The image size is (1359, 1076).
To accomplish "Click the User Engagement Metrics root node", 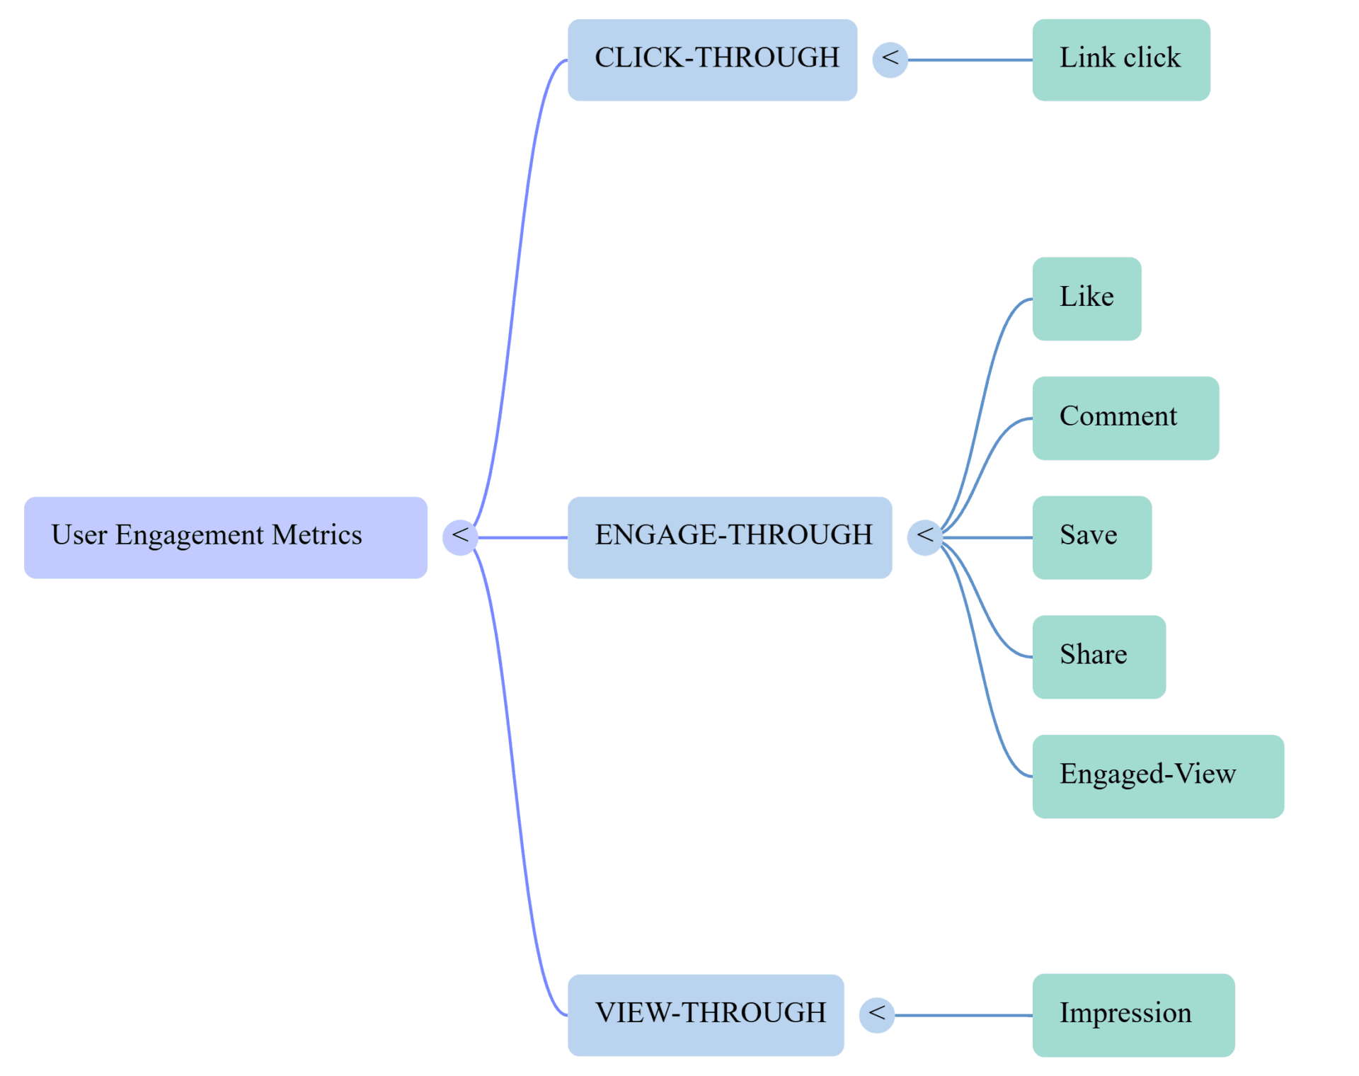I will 225,537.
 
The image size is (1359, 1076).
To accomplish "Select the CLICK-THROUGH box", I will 712,60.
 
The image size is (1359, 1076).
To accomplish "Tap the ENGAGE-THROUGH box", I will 730,537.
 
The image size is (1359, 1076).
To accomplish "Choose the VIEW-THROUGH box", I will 706,1014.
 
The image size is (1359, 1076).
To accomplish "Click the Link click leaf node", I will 1120,60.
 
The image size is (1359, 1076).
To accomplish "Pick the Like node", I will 1086,299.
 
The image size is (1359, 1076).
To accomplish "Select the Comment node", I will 1125,418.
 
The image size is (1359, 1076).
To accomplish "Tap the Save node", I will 1091,537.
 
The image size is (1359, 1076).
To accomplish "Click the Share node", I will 1099,657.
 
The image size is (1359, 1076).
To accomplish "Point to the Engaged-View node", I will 1158,776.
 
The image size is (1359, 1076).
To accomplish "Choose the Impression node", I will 1133,1014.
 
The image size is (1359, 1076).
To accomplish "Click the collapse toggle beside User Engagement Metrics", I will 460,537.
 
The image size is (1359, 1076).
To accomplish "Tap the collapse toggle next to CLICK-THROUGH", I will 890,60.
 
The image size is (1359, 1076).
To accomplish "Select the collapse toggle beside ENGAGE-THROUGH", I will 924,537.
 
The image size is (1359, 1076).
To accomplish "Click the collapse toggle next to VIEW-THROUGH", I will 876,1014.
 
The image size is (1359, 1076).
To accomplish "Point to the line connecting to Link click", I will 970,60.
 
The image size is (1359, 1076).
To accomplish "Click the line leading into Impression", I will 963,1014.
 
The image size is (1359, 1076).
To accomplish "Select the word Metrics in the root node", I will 316,535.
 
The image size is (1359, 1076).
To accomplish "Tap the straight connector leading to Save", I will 987,537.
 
